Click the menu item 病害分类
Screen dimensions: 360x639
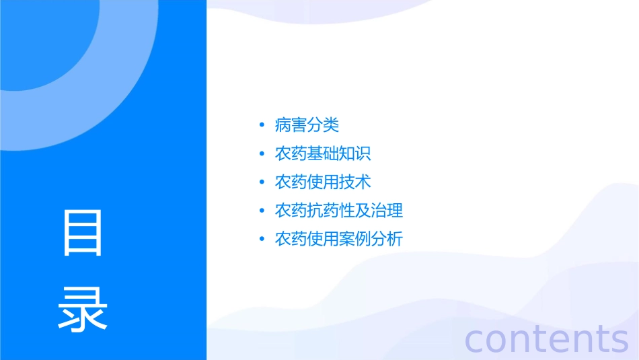(307, 125)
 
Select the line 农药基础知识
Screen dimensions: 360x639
(323, 153)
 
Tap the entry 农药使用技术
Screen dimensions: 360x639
(323, 182)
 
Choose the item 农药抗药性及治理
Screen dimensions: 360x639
(339, 210)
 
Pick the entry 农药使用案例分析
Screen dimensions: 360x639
(339, 239)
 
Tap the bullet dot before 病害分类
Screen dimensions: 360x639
(261, 125)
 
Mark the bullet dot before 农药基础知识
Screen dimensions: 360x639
(261, 153)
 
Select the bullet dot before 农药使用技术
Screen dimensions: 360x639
(261, 182)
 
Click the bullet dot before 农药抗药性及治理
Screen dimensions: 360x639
(261, 211)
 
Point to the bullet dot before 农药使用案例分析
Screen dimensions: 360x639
(261, 239)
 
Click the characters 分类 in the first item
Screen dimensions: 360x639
(323, 125)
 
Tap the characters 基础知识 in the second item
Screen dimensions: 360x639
(339, 153)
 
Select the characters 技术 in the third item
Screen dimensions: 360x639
(355, 182)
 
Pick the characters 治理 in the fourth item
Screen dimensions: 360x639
(387, 210)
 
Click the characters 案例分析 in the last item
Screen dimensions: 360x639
(371, 239)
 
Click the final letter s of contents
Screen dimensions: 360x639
(619, 340)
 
